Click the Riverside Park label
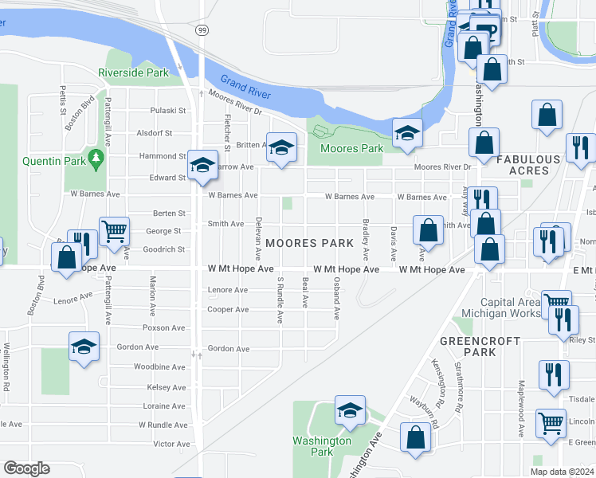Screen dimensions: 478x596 tap(133, 72)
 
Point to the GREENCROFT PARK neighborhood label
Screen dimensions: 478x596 tap(480, 346)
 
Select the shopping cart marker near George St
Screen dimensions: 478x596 tap(114, 232)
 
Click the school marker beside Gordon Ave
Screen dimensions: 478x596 tap(84, 347)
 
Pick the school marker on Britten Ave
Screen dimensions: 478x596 tap(280, 148)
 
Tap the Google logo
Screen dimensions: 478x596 tap(26, 468)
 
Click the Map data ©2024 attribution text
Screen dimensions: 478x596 tap(562, 472)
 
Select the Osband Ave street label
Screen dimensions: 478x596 tap(337, 300)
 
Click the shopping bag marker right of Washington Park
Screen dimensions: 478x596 tap(415, 437)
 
